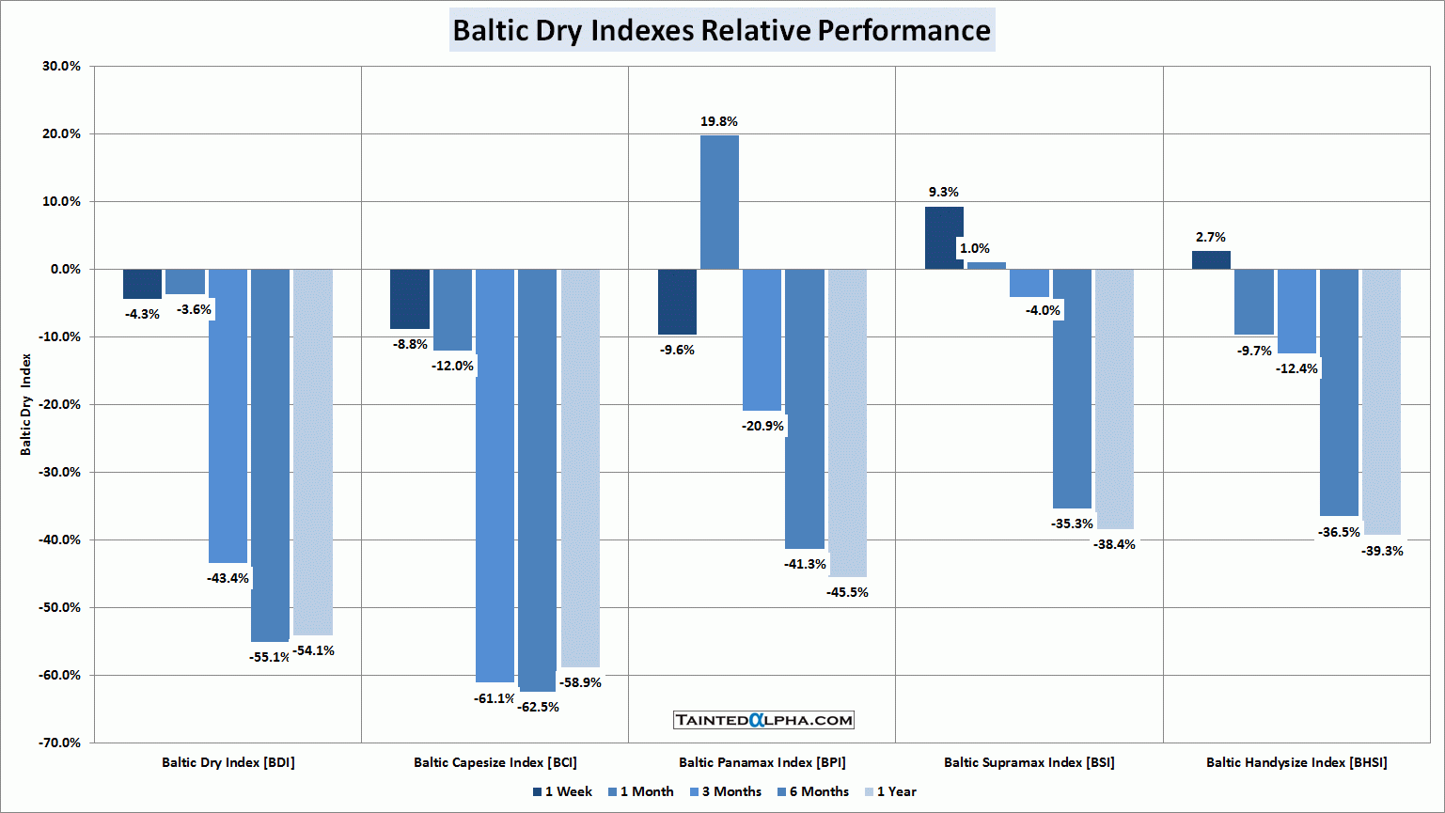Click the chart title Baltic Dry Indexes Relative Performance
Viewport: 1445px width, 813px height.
click(721, 30)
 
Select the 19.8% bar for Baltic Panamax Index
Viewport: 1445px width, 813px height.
click(719, 202)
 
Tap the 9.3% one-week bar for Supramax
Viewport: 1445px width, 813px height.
click(944, 238)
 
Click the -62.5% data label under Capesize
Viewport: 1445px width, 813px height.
click(538, 707)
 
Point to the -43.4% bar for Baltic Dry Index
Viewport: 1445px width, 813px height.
click(228, 415)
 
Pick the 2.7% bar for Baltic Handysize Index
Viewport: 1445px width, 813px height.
click(1211, 260)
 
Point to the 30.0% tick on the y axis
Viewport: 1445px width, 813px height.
click(61, 67)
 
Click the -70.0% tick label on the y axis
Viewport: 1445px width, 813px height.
click(59, 743)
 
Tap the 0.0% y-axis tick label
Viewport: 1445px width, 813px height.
click(65, 270)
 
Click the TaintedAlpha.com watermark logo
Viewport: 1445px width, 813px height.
click(763, 720)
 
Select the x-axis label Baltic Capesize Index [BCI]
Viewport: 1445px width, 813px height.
click(495, 762)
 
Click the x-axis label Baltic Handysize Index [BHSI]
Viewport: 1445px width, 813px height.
click(1296, 762)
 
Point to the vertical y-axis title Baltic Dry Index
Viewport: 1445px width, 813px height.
click(26, 404)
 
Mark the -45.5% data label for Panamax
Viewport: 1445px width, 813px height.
click(847, 592)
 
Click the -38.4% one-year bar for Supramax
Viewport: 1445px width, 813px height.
click(1114, 399)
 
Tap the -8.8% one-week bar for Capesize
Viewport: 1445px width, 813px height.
click(410, 299)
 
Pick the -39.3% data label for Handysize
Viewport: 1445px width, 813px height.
click(1382, 551)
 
